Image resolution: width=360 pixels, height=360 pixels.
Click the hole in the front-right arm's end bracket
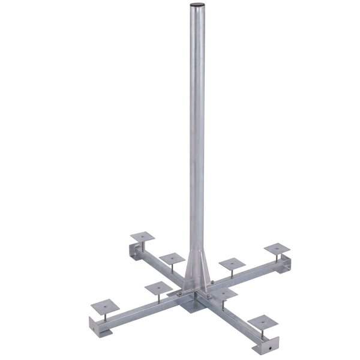pos(269,347)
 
